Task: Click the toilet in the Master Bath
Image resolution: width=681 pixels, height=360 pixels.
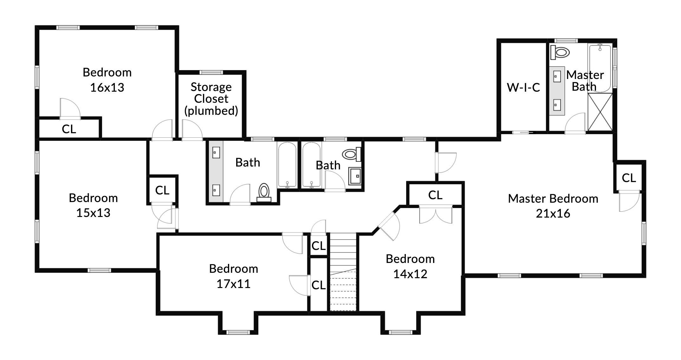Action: pos(560,52)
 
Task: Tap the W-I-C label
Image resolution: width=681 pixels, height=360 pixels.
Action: pos(523,88)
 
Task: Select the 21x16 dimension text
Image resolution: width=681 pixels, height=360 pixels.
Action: pos(553,213)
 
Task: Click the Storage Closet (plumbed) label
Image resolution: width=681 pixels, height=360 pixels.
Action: pos(211,99)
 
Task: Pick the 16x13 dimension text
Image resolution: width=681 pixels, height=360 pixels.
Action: pos(107,88)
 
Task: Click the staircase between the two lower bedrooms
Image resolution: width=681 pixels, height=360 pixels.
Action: pos(343,272)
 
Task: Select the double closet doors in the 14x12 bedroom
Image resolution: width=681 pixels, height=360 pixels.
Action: pos(436,215)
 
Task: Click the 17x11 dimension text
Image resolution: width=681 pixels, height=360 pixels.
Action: pos(233,284)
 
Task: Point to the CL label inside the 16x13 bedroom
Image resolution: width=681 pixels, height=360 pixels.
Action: pos(69,129)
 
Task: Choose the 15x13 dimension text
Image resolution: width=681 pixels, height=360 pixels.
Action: pos(93,213)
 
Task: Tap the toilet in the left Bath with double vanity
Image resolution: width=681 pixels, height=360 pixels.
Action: pos(264,193)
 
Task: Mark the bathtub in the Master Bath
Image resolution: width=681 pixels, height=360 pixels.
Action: pos(600,68)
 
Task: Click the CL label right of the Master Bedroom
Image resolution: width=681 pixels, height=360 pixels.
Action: pos(629,178)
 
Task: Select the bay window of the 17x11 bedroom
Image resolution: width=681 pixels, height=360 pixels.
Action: pos(238,332)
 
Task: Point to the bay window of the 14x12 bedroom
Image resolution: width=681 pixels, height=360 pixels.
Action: pos(400,332)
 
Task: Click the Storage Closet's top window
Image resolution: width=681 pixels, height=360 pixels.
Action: pos(211,72)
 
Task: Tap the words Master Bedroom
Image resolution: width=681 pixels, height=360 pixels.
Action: pos(553,199)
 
